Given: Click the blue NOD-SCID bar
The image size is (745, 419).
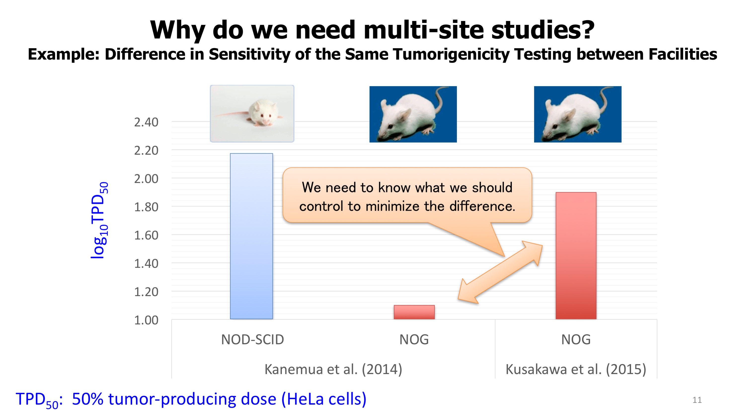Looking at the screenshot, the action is coord(251,236).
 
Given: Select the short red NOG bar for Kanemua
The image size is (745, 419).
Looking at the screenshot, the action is coord(414,312).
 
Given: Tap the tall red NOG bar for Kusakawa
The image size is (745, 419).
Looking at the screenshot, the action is coord(576,256).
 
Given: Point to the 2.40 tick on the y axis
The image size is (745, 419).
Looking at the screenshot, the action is coord(146,122).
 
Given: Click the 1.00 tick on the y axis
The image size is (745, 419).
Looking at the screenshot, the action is coord(146,320).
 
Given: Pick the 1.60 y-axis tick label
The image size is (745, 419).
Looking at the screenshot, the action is coord(146,235).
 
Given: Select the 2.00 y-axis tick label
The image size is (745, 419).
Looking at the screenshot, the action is coord(146,179).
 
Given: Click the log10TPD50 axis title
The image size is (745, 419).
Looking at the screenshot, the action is coord(99,220).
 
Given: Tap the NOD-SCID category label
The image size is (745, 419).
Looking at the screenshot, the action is coord(252,340).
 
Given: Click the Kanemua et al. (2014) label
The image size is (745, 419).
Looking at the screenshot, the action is coord(333,369).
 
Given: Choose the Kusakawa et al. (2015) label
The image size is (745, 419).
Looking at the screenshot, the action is coord(576,369).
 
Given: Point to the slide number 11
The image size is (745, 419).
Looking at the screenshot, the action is coord(697,400).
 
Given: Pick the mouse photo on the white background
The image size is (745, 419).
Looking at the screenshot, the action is coord(252,114).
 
